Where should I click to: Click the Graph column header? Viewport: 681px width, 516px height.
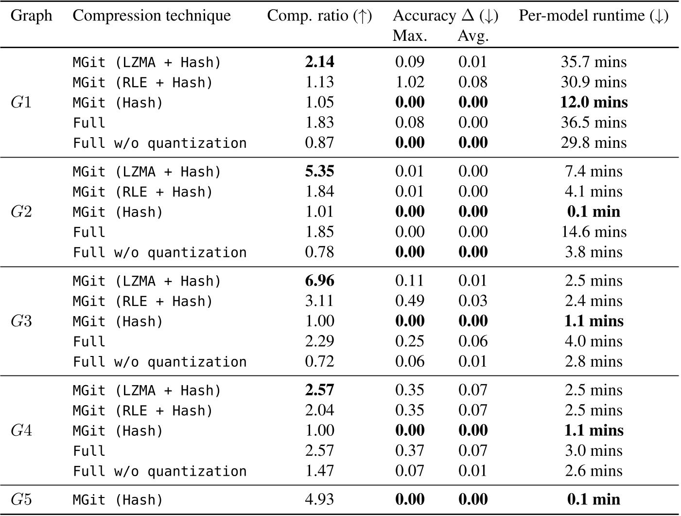tap(31, 16)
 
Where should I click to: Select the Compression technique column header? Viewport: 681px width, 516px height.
tap(152, 16)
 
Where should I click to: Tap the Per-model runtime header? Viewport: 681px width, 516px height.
tap(593, 16)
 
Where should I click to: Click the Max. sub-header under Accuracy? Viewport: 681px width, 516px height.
tap(410, 36)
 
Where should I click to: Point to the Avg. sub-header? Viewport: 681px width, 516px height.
tap(472, 36)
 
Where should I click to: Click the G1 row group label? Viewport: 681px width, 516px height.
tap(21, 103)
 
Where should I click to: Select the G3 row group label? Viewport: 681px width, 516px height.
tap(21, 321)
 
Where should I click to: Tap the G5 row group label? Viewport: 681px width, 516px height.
tap(21, 499)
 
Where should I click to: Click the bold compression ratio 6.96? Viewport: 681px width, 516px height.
tap(319, 281)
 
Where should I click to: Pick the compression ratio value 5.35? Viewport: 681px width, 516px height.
tap(319, 172)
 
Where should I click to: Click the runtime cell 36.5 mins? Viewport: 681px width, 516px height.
tap(594, 123)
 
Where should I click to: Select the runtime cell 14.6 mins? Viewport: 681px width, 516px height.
tap(594, 232)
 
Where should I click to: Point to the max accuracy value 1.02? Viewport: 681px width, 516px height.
tap(409, 82)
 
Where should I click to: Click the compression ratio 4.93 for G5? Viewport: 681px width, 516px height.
tap(319, 499)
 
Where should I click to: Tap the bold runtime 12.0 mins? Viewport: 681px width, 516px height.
tap(594, 103)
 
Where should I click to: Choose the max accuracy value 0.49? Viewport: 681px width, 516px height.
tap(409, 301)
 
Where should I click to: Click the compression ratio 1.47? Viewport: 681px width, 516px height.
tap(319, 471)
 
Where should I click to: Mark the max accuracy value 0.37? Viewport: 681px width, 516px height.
tap(409, 451)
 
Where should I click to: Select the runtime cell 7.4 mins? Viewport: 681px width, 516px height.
tap(594, 172)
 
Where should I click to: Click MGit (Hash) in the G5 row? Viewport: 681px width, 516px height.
tap(118, 500)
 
